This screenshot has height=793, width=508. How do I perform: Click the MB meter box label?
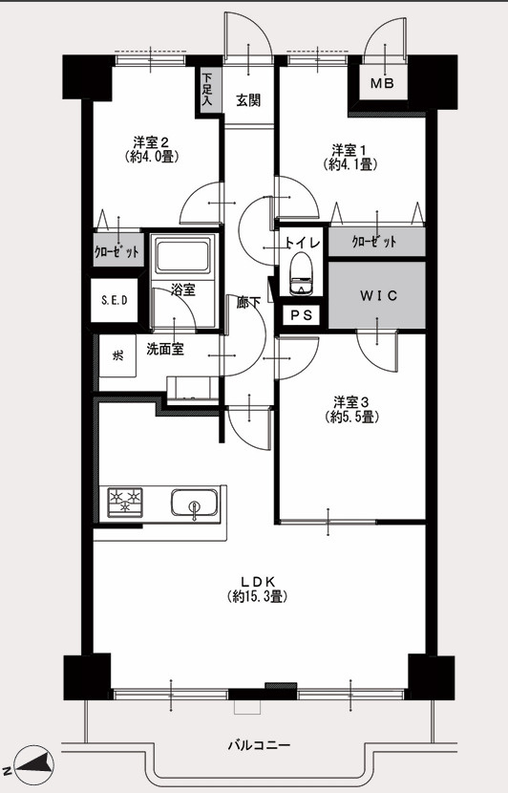point(382,83)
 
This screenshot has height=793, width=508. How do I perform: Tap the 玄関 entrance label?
point(248,100)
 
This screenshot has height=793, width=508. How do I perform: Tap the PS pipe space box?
point(302,315)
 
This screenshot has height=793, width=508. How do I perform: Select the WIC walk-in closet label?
point(379,296)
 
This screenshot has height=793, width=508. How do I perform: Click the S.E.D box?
point(115,300)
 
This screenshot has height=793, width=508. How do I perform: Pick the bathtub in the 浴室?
point(182,255)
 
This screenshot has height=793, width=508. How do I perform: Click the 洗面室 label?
point(165,349)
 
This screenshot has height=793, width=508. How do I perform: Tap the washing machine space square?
point(117,355)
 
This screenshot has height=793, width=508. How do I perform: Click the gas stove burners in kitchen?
point(125,502)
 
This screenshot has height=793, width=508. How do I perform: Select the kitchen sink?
point(195,503)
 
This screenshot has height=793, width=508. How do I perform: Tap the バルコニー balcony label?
point(259,745)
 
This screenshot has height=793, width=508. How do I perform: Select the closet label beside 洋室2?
point(116,250)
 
